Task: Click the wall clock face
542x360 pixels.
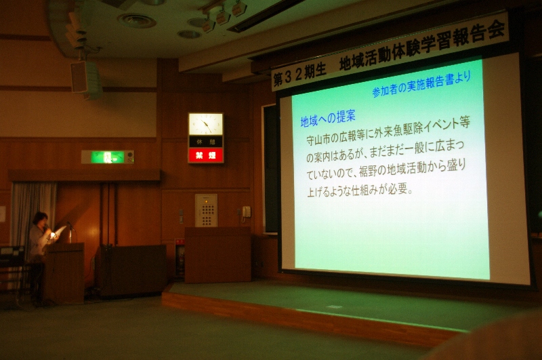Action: point(206,124)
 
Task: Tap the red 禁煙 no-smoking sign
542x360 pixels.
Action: point(206,155)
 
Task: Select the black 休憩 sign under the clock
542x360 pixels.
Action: point(206,142)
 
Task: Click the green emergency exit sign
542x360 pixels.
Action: point(107,157)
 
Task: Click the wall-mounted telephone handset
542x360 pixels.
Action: point(246,212)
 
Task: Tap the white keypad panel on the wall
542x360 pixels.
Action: point(207,210)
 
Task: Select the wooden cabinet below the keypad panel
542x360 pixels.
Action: point(217,254)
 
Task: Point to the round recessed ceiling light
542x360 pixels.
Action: point(137,20)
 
